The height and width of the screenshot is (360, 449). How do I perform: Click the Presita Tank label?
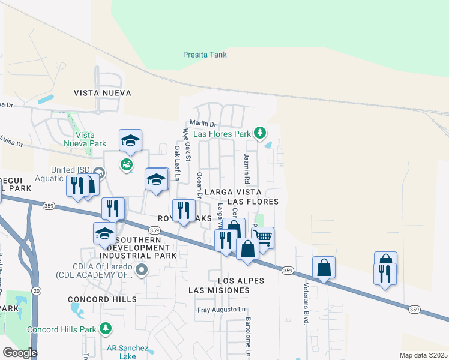pos(205,55)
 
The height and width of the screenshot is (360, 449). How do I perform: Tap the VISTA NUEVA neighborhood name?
pos(102,93)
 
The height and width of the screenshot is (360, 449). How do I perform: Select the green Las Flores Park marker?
pos(260,132)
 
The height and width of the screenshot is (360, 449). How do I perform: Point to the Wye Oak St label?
pos(186,145)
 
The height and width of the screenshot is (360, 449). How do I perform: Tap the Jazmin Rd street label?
pos(246,168)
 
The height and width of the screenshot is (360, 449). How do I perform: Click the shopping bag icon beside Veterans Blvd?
pos(324,268)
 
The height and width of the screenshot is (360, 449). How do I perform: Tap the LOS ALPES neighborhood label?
pos(241,281)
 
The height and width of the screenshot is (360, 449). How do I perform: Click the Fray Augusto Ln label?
pos(222,310)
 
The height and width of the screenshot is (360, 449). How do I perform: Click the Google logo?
pos(20,353)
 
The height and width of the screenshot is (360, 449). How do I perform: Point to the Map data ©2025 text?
pos(423,355)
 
